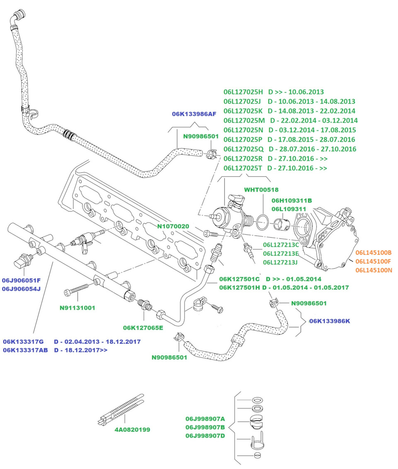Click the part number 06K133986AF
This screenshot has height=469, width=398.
click(194, 114)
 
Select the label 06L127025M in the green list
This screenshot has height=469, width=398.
click(244, 120)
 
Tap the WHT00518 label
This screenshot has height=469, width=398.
click(261, 189)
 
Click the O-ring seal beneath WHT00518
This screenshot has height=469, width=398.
click(262, 222)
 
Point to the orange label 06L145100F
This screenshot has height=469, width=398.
click(373, 261)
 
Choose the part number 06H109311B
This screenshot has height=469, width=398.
click(292, 200)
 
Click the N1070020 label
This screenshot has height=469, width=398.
click(173, 226)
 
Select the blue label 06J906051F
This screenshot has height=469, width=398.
click(21, 280)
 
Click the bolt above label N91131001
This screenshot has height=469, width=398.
click(77, 289)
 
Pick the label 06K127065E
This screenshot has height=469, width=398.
click(143, 328)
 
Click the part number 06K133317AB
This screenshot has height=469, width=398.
click(25, 350)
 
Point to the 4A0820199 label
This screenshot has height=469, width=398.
click(132, 430)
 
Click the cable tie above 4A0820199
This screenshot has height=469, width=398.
click(121, 409)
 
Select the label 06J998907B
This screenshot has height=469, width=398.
click(205, 427)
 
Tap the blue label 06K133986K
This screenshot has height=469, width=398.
click(330, 321)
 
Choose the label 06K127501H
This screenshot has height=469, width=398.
click(240, 288)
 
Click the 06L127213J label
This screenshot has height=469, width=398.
click(280, 262)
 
